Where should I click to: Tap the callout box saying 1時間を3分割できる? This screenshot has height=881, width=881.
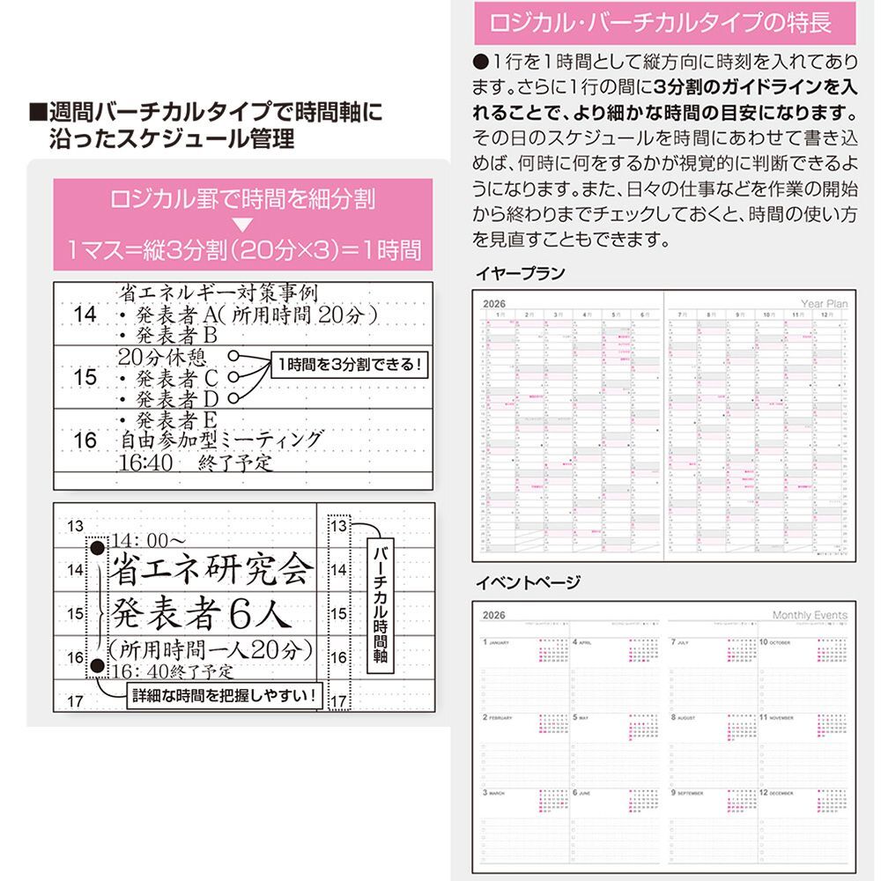tap(349, 364)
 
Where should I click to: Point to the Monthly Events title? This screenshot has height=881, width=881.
tap(810, 615)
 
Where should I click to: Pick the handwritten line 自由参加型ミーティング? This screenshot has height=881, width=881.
tap(222, 439)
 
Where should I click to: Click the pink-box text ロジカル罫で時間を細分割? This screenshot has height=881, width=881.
tap(242, 199)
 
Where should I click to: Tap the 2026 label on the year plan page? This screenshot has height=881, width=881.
tap(496, 304)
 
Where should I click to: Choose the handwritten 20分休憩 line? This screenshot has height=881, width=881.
tap(162, 356)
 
